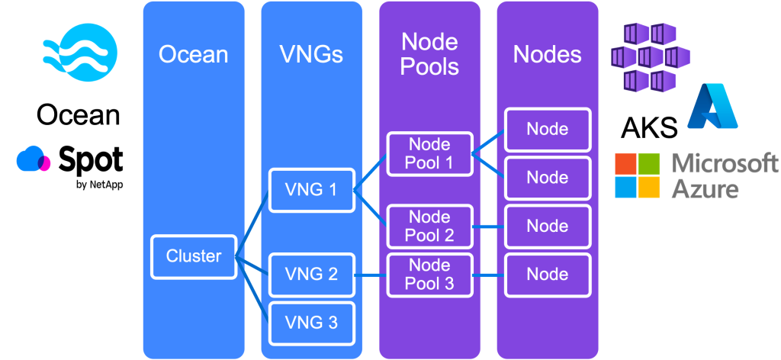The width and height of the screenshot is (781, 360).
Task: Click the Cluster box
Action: click(193, 256)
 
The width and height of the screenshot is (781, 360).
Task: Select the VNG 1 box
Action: click(311, 190)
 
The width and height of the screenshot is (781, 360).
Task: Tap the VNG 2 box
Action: click(311, 275)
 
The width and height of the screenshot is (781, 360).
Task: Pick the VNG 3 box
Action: click(311, 323)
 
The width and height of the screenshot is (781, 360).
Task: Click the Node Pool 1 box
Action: click(429, 153)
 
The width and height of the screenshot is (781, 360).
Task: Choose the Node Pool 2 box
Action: click(429, 227)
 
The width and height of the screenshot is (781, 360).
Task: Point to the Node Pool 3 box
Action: click(429, 275)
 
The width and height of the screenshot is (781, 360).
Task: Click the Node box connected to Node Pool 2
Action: click(548, 227)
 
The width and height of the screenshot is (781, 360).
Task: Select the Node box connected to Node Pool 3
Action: click(548, 275)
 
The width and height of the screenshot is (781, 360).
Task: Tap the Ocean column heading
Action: click(193, 55)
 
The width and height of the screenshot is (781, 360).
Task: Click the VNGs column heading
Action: click(311, 55)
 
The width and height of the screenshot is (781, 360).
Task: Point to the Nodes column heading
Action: click(548, 55)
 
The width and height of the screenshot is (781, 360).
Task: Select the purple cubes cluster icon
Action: click(649, 56)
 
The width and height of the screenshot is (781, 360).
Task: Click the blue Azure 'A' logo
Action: click(712, 106)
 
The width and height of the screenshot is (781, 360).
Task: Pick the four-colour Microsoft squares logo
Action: click(638, 175)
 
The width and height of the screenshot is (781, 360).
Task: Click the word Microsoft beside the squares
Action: click(725, 164)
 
